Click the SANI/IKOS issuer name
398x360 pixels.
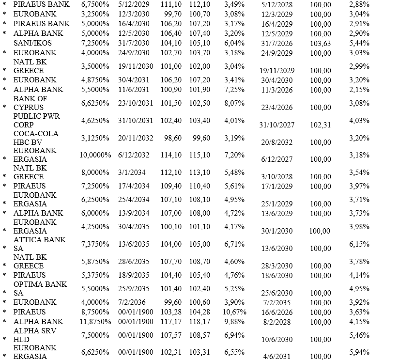pyautogui.click(x=32, y=43)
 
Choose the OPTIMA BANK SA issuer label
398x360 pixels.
pyautogui.click(x=40, y=288)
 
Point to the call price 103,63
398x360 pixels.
pyautogui.click(x=321, y=43)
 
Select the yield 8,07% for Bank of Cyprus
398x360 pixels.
pyautogui.click(x=235, y=103)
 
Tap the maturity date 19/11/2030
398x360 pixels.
pyautogui.click(x=136, y=66)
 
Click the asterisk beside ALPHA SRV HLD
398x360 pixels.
pyautogui.click(x=4, y=340)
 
